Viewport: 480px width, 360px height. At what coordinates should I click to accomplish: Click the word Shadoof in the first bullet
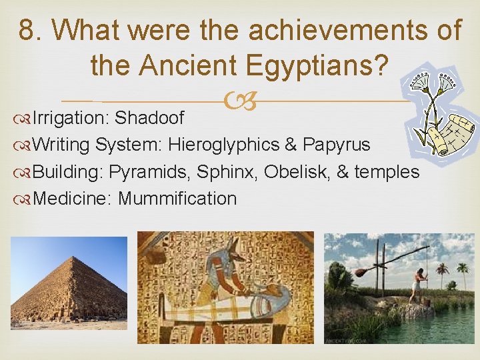click(149, 118)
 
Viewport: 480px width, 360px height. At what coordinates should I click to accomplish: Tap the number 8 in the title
click(27, 30)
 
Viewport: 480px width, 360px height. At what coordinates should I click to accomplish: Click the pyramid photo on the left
click(69, 283)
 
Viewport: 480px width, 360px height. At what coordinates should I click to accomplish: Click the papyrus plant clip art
click(440, 110)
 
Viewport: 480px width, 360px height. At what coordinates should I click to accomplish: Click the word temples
click(387, 172)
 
